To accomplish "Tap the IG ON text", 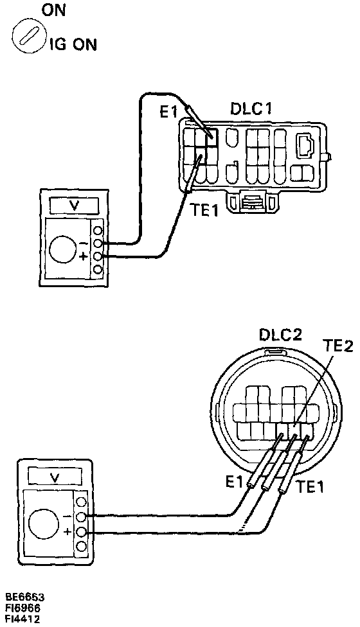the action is coord(73,45).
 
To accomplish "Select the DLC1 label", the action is coord(251,109).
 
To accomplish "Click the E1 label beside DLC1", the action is coord(168,112).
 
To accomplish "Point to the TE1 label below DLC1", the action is coord(204,209).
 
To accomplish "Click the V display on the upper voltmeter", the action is coord(73,206).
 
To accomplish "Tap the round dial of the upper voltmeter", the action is coord(63,249).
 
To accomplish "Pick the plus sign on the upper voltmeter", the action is coord(83,256).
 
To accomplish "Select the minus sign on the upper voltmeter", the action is coord(83,243).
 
